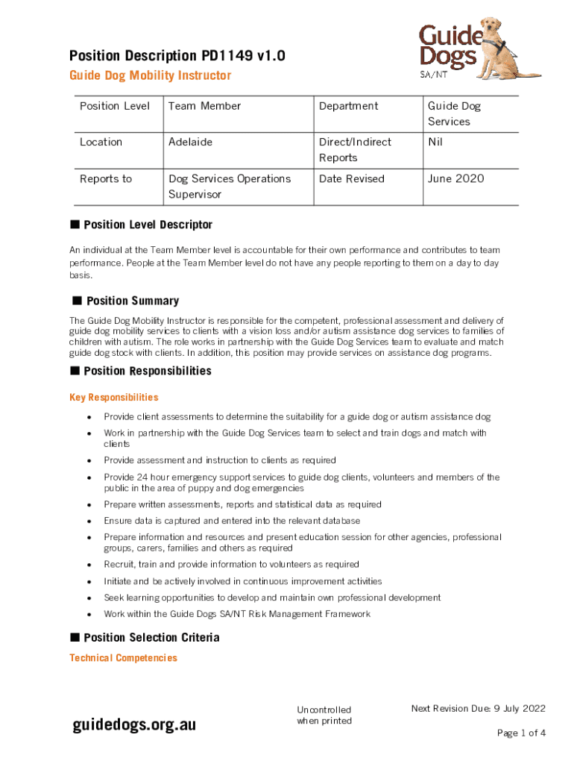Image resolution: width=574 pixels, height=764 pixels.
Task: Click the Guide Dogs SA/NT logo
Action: (x=477, y=48)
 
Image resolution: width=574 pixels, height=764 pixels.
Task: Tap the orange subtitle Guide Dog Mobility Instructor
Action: (x=150, y=75)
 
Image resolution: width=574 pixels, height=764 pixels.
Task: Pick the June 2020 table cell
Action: (x=455, y=178)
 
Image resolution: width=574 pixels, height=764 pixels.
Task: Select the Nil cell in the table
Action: (x=435, y=142)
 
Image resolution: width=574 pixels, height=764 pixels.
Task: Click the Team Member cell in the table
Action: (x=204, y=106)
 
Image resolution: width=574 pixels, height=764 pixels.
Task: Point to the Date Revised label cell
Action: (x=352, y=178)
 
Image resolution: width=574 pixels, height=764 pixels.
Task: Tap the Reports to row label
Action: (x=106, y=178)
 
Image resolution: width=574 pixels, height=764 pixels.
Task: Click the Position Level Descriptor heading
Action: (x=148, y=225)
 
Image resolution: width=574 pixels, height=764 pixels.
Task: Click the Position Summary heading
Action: (x=133, y=301)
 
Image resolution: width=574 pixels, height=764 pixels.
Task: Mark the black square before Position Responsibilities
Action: (x=75, y=371)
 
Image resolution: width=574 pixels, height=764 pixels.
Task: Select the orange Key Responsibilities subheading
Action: (x=113, y=398)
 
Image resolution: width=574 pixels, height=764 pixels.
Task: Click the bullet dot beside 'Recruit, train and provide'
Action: (x=89, y=565)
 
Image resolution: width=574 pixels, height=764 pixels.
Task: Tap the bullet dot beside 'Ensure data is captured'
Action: (x=89, y=521)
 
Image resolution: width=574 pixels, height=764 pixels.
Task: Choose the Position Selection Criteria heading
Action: (x=151, y=638)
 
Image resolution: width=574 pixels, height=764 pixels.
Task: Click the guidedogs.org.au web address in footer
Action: (x=134, y=724)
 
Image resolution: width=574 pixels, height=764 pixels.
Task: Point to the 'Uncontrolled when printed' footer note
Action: (x=324, y=715)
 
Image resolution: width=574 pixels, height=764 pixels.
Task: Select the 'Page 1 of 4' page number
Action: (x=521, y=733)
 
